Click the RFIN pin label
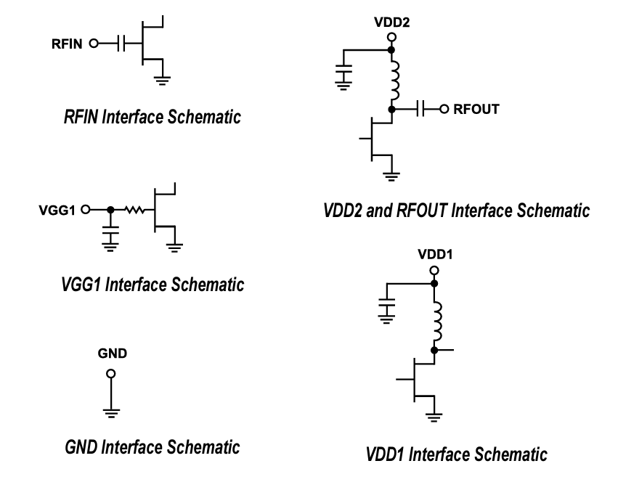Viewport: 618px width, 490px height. (68, 43)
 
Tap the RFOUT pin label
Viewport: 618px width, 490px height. (476, 110)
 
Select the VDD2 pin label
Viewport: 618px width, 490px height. (392, 23)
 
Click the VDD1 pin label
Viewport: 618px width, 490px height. (434, 255)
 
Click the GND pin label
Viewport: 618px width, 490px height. (111, 354)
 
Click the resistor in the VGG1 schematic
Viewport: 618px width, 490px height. (133, 210)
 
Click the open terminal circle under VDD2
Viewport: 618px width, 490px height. (392, 36)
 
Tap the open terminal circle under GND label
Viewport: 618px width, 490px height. (111, 374)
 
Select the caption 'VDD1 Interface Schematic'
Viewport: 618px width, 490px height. (456, 455)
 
